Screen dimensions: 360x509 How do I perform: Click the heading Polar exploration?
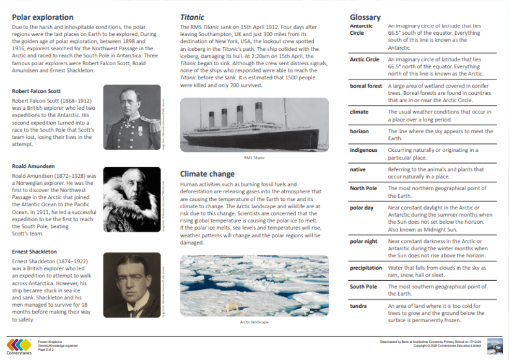42,17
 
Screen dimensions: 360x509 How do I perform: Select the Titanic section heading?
192,17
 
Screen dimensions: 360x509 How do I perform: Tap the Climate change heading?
207,174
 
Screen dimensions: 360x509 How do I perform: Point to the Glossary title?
365,17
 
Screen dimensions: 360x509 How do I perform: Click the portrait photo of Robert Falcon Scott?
132,118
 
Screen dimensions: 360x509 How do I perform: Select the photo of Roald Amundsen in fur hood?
132,199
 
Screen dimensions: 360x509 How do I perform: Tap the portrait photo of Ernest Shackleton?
132,285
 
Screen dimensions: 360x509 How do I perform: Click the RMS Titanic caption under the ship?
254,157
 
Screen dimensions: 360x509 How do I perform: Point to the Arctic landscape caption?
254,322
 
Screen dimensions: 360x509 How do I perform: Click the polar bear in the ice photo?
232,307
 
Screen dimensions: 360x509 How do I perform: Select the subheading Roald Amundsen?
33,166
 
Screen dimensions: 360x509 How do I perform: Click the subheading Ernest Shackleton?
34,252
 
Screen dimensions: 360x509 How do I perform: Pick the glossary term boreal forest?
366,86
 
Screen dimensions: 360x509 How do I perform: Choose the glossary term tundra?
358,306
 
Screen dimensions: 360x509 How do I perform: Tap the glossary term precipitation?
366,268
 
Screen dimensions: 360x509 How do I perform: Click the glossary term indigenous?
363,150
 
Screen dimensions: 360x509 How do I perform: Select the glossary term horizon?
359,131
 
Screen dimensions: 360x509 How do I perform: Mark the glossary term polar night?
363,241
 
